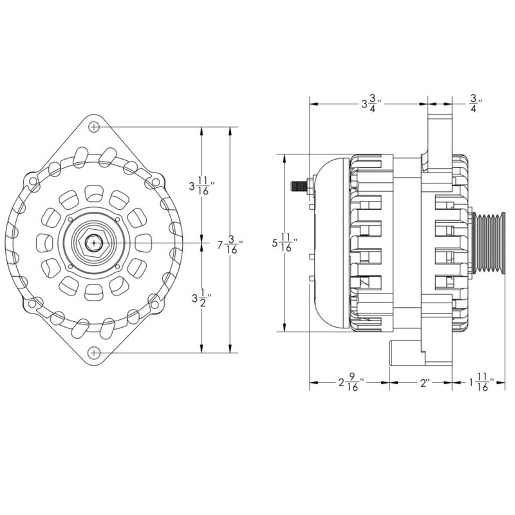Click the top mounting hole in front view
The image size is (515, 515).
(95, 127)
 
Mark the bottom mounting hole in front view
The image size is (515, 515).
(95, 352)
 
